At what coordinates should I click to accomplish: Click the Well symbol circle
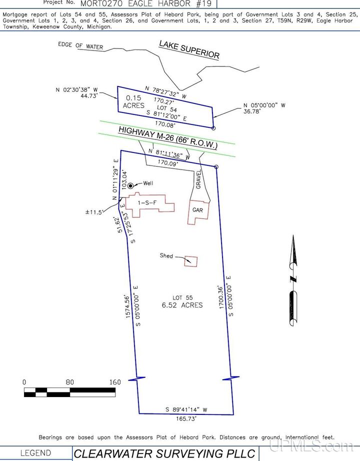coord(130,185)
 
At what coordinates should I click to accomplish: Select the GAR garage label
coord(197,210)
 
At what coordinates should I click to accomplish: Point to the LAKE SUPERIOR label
coord(189,49)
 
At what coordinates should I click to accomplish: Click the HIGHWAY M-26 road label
coord(168,137)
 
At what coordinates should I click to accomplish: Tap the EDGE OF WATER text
coord(80,45)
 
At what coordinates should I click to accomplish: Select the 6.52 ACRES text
coord(182,305)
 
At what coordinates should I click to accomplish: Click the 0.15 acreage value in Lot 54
coord(133,98)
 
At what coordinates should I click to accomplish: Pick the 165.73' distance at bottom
coord(186,418)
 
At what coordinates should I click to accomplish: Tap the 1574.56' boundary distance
coord(127,306)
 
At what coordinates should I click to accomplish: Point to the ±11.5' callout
coord(94,212)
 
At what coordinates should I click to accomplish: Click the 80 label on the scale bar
coord(69,382)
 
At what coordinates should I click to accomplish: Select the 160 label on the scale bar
coord(115,382)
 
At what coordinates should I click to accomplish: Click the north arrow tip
coord(293,235)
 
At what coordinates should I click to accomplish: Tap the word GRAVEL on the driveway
coord(198,179)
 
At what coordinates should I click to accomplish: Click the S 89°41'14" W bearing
coord(186,409)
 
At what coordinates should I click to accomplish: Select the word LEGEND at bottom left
coord(35,453)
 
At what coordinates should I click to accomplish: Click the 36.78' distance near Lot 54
coord(251,111)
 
